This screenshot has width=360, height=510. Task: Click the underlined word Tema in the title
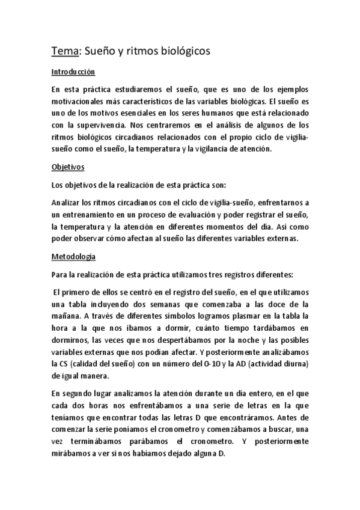point(61,52)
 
